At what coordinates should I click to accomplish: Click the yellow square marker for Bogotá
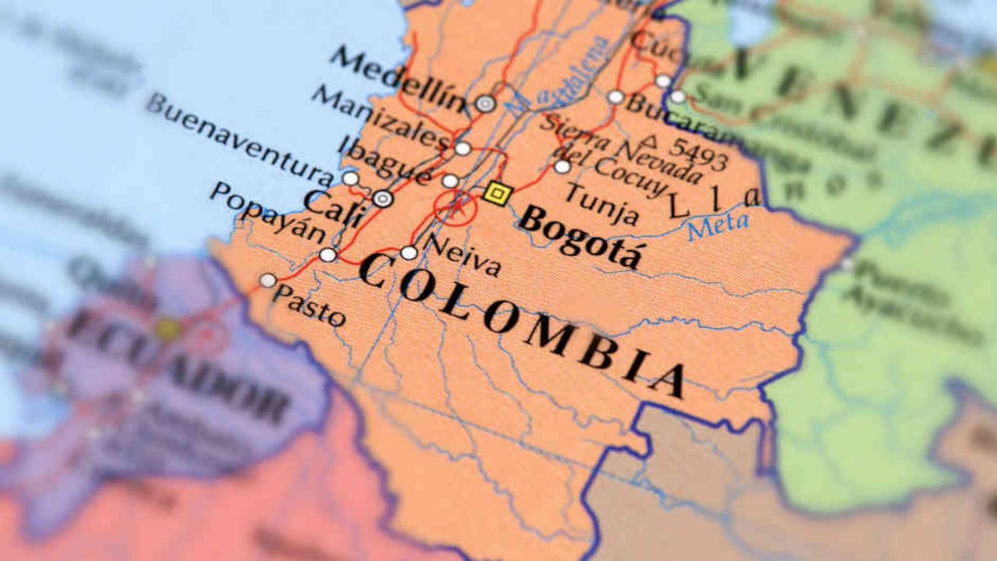[497, 193]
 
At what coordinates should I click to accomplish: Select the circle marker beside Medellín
[485, 104]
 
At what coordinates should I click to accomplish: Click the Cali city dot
[382, 199]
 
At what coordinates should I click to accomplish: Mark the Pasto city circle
[268, 280]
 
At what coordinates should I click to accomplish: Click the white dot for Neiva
[409, 252]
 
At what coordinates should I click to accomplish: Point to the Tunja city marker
[562, 167]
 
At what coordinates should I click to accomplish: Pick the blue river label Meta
[717, 227]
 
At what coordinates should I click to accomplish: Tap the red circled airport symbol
[456, 207]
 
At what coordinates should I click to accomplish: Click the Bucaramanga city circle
[615, 97]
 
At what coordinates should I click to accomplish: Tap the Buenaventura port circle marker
[351, 178]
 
